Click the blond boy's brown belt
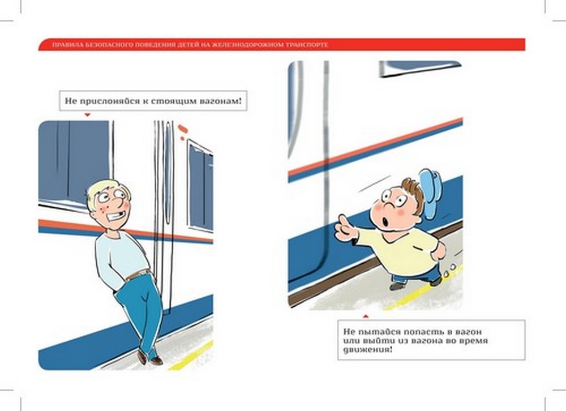pos(138,275)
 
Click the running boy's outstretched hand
pos(345,228)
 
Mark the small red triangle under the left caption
pos(87,115)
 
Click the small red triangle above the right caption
pos(366,316)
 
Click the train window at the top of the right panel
pos(419,68)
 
